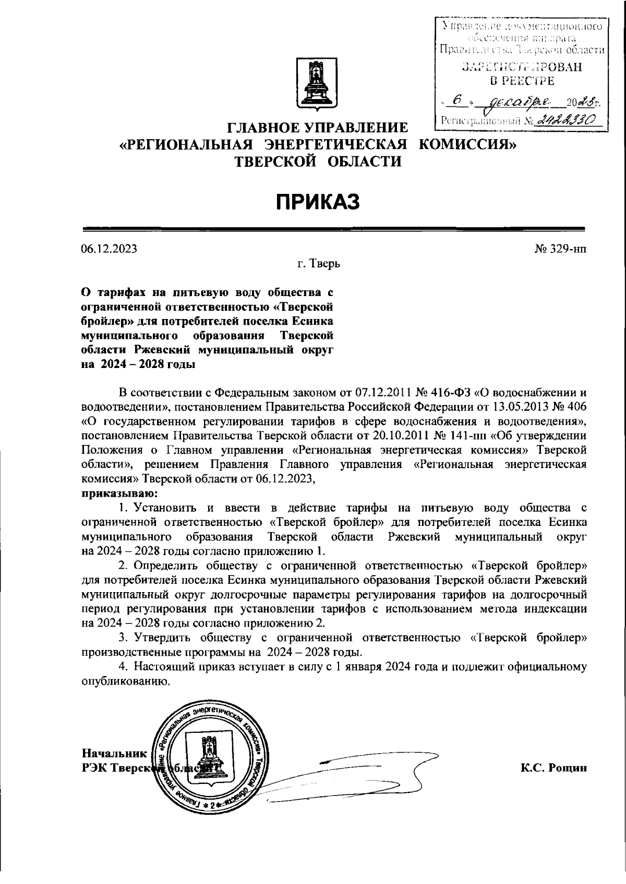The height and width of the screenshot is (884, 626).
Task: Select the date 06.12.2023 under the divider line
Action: (x=109, y=249)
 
